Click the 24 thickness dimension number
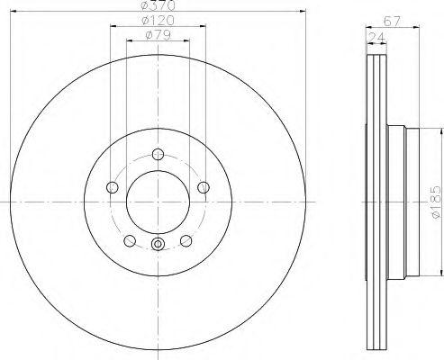coord(376,37)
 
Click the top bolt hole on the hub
coord(159,153)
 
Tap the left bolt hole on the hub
coord(113,187)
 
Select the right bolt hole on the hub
coord(204,187)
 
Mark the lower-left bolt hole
coord(130,240)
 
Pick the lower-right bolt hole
coord(186,240)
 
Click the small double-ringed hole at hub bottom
coord(159,244)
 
